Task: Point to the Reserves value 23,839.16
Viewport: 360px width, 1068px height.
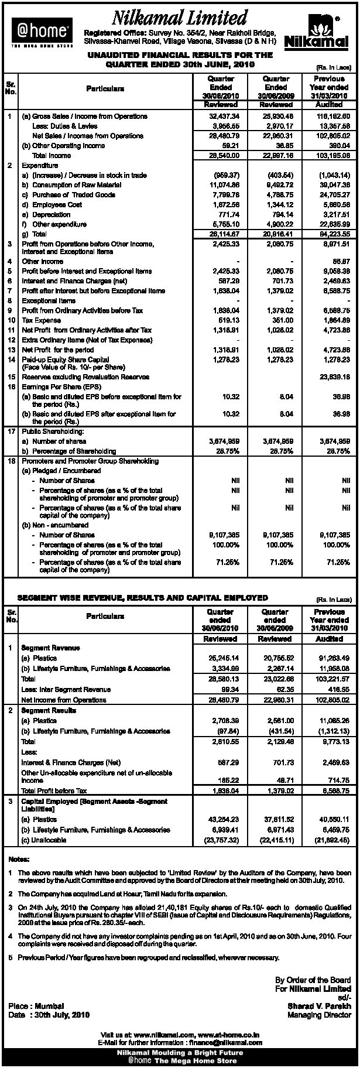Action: click(x=335, y=377)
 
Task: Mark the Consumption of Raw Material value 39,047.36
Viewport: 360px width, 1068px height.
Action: click(x=335, y=185)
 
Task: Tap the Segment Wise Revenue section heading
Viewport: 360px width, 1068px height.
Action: click(x=143, y=598)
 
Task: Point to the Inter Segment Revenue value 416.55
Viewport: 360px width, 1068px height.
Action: click(x=338, y=690)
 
